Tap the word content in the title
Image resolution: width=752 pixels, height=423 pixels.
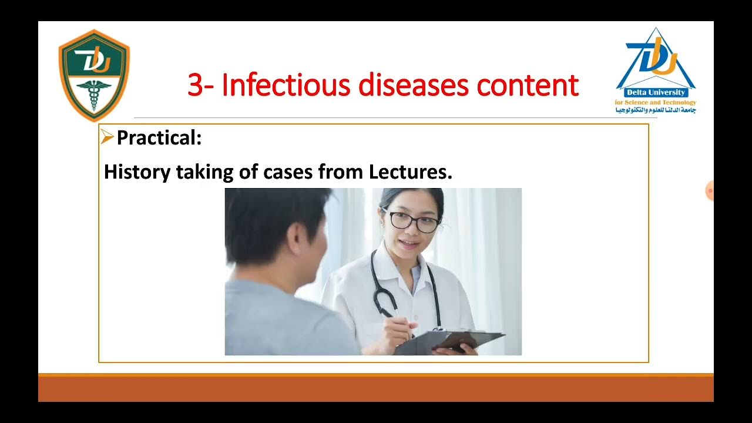coord(528,85)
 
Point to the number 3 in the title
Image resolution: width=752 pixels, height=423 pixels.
coord(195,85)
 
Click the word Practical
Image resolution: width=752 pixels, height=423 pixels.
coord(159,138)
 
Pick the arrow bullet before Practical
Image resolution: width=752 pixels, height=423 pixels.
coord(107,137)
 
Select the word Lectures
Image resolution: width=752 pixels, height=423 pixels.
coord(410,172)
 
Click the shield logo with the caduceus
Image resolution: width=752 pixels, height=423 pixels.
coord(94,75)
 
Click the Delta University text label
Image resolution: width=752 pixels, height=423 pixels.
coord(656,93)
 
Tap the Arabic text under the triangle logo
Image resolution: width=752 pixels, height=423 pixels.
coord(656,110)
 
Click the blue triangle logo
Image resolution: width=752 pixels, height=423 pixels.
coord(656,59)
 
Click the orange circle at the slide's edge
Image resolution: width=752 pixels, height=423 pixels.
coord(709,190)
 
